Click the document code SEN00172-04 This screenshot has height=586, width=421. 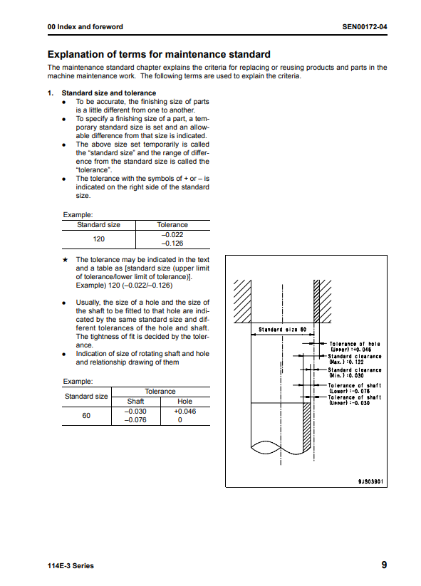[x=365, y=27]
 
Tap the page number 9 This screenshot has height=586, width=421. [x=384, y=565]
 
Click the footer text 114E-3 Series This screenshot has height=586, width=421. [x=71, y=566]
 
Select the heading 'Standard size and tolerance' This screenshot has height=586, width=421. [x=109, y=93]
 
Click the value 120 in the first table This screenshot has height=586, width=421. [x=99, y=239]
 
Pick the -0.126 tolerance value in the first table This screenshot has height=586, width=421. [x=172, y=244]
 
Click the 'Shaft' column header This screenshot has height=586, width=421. [x=135, y=402]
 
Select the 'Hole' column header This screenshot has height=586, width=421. [x=184, y=402]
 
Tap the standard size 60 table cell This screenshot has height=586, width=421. [x=86, y=416]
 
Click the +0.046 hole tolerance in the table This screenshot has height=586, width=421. [x=184, y=412]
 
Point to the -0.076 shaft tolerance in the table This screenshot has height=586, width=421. [x=135, y=420]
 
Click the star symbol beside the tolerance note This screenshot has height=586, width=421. [x=65, y=260]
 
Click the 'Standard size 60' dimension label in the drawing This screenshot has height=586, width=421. [x=282, y=330]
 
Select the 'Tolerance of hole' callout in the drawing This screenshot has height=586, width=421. [x=355, y=347]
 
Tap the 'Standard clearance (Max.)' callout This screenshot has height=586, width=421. [x=355, y=359]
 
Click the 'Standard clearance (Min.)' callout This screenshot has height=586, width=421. [x=355, y=372]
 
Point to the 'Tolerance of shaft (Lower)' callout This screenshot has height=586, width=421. [x=355, y=388]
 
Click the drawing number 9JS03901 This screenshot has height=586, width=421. [x=370, y=481]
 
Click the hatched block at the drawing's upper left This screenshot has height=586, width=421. [x=243, y=301]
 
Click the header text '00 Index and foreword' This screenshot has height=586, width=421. [x=85, y=27]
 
